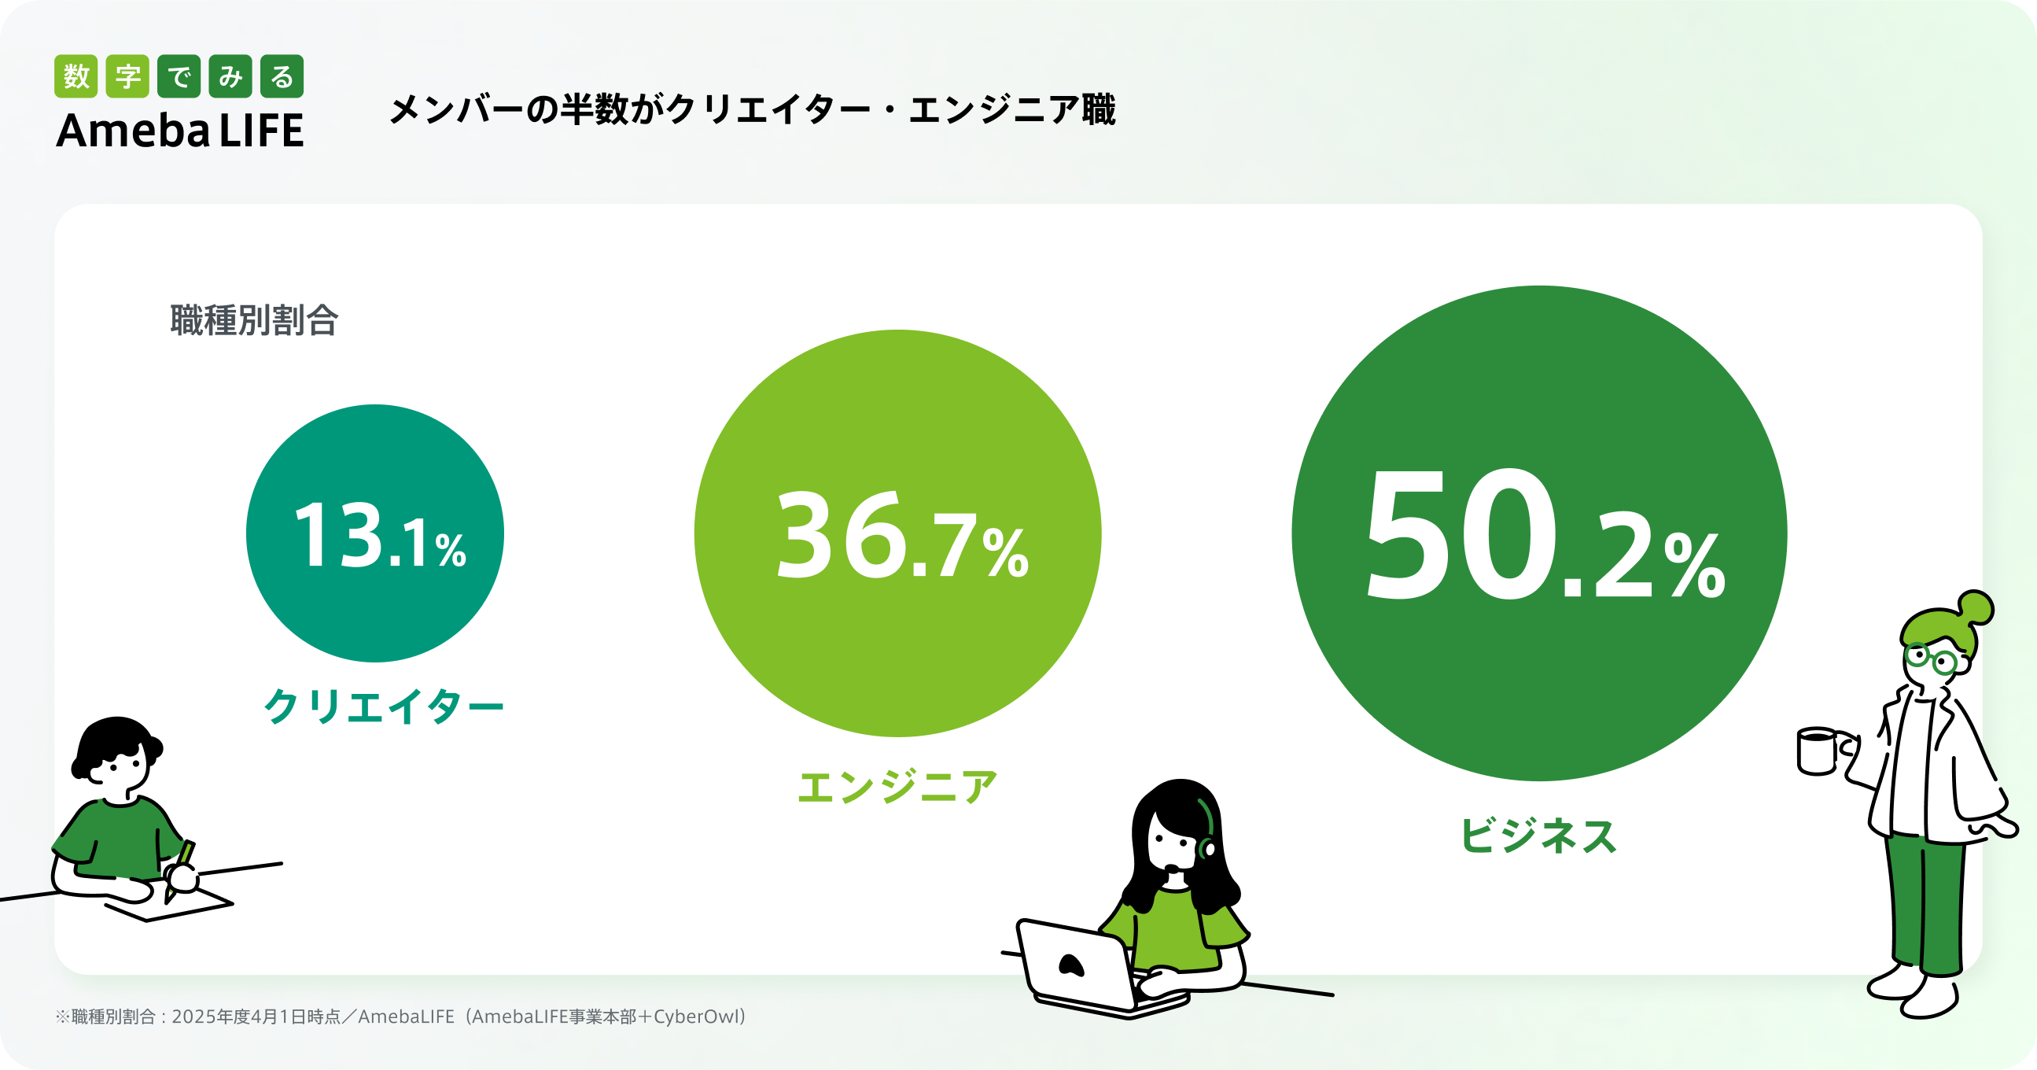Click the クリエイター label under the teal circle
click(384, 706)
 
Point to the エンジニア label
click(897, 787)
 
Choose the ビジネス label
click(1539, 835)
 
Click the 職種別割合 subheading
click(255, 320)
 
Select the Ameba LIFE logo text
click(180, 131)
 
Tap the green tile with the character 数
click(76, 76)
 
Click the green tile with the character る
click(282, 76)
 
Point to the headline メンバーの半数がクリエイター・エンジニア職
click(753, 109)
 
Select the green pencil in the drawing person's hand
click(180, 870)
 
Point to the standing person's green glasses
click(1932, 658)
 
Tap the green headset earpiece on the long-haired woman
click(1207, 848)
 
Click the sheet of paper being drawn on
click(169, 903)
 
